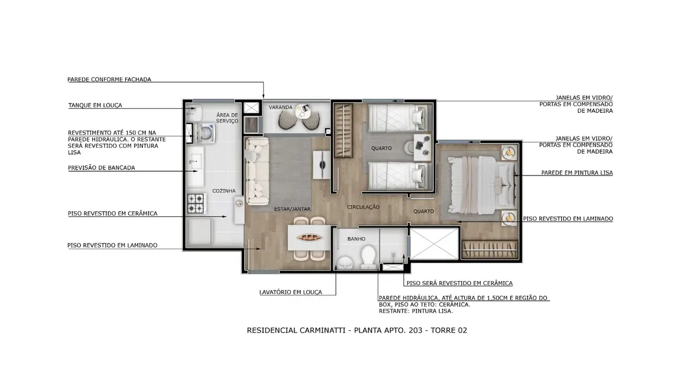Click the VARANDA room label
[x=281, y=108]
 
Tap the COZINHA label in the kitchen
[x=224, y=191]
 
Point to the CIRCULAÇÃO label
[x=363, y=207]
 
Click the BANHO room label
[x=356, y=239]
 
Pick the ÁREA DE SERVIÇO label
[x=227, y=118]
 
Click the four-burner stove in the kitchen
[x=196, y=203]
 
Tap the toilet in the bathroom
[x=368, y=256]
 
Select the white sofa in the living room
[x=258, y=171]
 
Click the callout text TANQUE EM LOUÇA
[x=95, y=105]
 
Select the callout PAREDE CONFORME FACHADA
[x=109, y=79]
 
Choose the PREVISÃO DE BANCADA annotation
[x=101, y=168]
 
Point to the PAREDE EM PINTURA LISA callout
[x=577, y=173]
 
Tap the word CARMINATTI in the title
[x=320, y=330]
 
